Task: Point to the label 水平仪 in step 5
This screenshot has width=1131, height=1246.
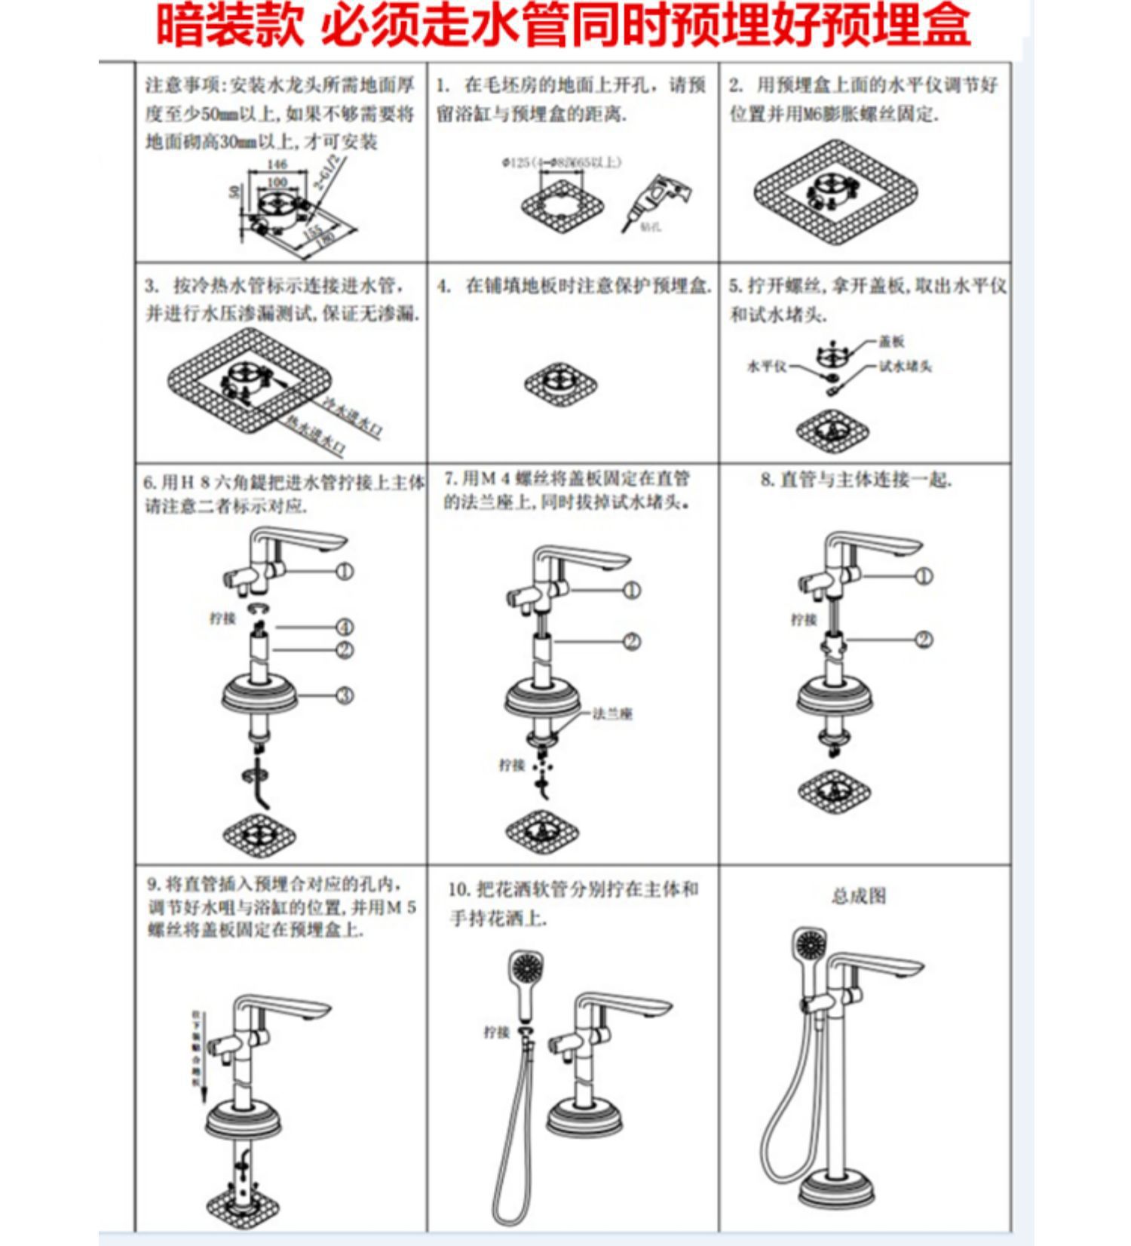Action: (766, 367)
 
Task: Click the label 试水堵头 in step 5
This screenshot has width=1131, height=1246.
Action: (906, 367)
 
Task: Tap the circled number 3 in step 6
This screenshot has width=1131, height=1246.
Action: (345, 695)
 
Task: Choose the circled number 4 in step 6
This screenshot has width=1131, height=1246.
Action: (345, 627)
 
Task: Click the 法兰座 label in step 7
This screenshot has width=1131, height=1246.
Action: (612, 714)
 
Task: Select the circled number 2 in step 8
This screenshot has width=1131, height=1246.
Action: (924, 640)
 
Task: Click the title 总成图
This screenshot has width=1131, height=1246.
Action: (858, 896)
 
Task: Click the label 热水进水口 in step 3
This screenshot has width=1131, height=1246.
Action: (316, 437)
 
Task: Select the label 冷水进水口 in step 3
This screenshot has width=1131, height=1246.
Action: (352, 417)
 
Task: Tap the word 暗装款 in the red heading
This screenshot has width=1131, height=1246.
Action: (229, 26)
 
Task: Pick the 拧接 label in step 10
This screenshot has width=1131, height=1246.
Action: (497, 1032)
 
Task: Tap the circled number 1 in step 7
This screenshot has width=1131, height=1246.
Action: (632, 590)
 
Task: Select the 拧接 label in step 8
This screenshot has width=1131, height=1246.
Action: (804, 620)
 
